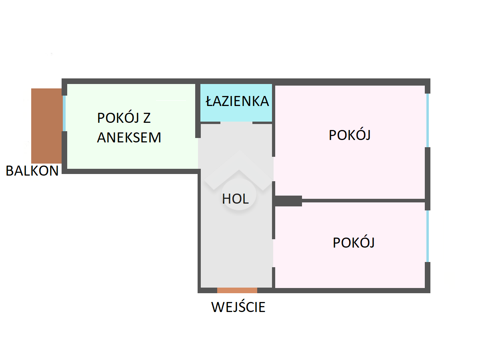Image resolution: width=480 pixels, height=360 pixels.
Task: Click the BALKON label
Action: (32, 171)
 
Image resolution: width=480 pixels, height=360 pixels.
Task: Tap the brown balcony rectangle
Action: (46, 126)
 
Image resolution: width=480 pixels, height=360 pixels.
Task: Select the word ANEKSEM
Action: (129, 138)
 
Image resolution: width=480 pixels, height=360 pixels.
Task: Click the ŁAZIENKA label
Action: (237, 101)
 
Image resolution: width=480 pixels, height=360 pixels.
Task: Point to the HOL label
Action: (235, 198)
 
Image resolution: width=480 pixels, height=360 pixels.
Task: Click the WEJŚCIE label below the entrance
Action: (238, 307)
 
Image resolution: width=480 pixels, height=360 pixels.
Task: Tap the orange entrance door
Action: (237, 290)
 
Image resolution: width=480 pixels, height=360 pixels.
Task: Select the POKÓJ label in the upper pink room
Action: (349, 135)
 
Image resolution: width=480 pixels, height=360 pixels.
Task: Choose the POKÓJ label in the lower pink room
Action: (353, 243)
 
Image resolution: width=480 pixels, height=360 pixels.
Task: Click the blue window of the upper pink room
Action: (427, 120)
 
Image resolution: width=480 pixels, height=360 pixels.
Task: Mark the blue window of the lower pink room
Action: (427, 236)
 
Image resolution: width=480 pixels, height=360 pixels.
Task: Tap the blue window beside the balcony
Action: (64, 113)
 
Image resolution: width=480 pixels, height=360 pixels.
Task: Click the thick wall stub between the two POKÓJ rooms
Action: (288, 201)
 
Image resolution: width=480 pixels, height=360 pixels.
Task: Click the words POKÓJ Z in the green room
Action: (124, 119)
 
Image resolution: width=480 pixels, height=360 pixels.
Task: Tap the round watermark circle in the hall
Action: (239, 194)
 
